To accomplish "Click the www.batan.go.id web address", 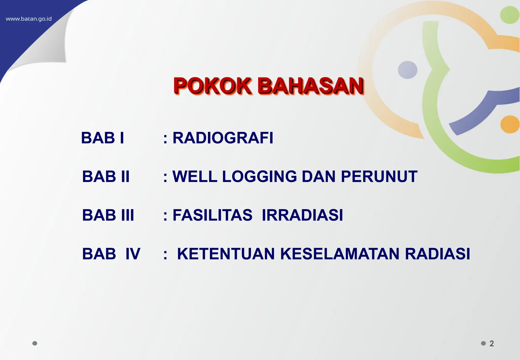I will click(x=28, y=19).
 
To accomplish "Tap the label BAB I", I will click(x=103, y=138).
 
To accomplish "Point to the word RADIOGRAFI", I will click(x=223, y=138).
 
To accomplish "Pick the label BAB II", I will click(x=106, y=176).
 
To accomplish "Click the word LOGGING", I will click(x=259, y=176).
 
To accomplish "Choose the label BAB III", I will click(x=108, y=215).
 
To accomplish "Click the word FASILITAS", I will click(x=213, y=215).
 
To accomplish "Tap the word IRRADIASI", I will click(x=302, y=215).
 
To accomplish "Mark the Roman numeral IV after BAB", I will click(x=133, y=254).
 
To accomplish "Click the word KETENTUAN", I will click(x=226, y=254).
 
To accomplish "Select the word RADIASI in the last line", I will click(x=437, y=254).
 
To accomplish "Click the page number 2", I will click(x=492, y=343).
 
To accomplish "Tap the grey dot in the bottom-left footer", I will click(x=35, y=343).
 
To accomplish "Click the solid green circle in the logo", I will click(x=509, y=15).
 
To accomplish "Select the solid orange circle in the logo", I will click(x=510, y=124).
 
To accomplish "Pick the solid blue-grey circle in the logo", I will click(x=407, y=70).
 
